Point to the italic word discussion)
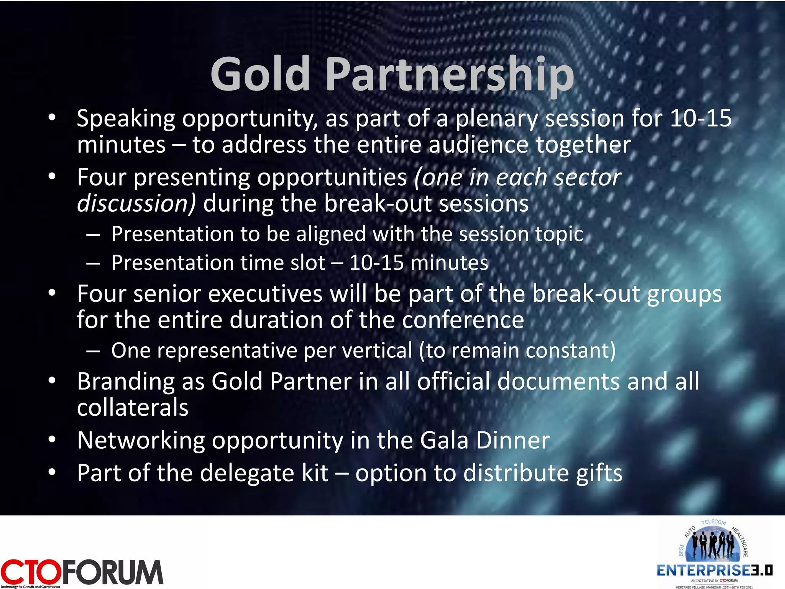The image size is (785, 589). tap(136, 203)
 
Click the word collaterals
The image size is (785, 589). tap(133, 407)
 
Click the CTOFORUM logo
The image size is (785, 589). tap(82, 572)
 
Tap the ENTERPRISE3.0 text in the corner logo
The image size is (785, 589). tap(714, 571)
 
